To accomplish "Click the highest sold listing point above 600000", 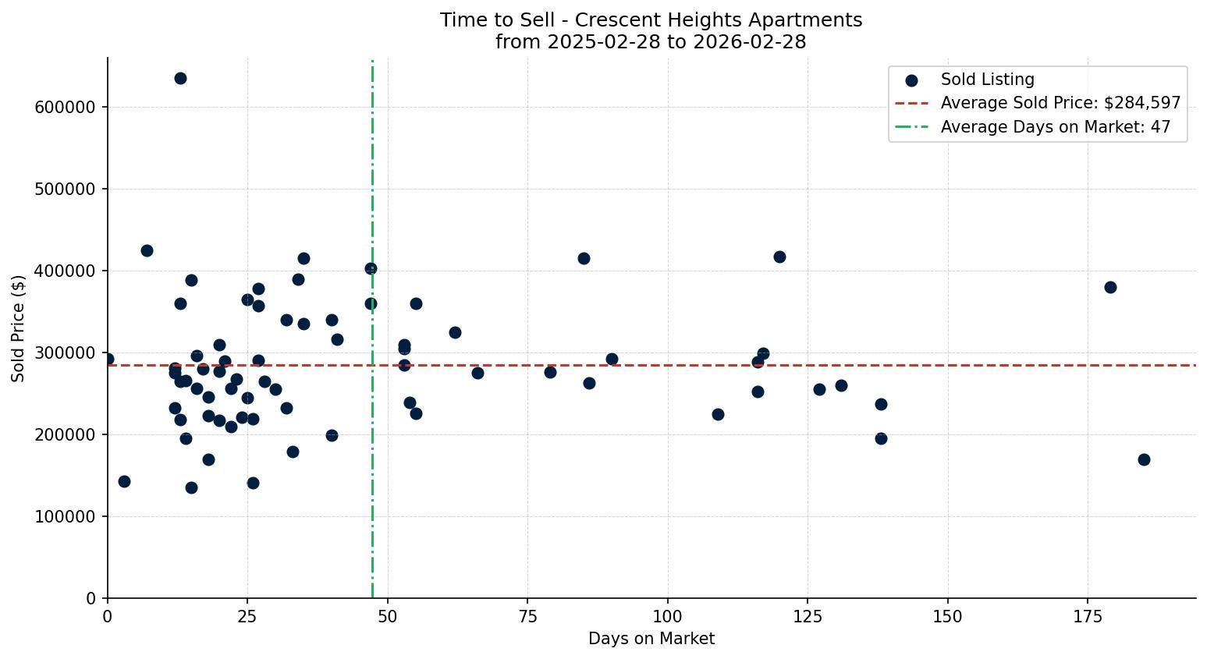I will coord(180,78).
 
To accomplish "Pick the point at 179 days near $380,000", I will coord(1110,287).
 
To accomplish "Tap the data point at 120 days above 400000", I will coord(779,257).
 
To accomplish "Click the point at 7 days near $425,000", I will coord(147,250).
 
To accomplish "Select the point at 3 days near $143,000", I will coord(124,481).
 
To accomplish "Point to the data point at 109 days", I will coord(718,414).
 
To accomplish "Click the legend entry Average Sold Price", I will coord(1060,103).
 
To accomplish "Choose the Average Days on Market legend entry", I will coord(1055,127).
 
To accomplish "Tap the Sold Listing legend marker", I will coord(911,80).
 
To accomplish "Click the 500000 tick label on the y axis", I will coord(66,190).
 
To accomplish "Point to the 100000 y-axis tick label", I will coord(66,517).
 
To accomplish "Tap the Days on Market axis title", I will coord(651,639).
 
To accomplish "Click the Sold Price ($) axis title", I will coord(19,328).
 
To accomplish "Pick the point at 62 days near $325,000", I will coord(455,332).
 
